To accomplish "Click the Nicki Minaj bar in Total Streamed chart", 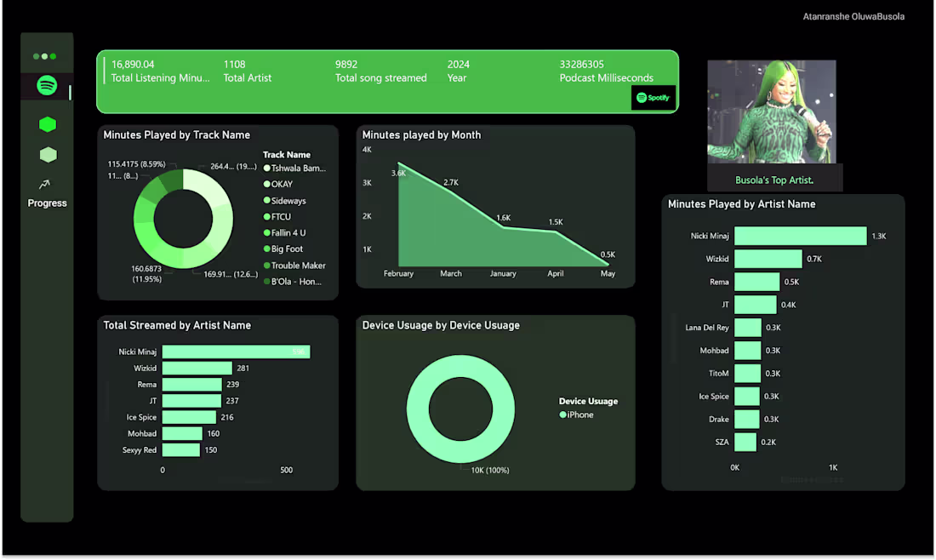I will [x=236, y=351].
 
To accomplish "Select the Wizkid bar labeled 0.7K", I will [x=768, y=259].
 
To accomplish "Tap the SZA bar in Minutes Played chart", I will [x=745, y=442].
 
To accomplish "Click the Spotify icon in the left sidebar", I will [x=48, y=86].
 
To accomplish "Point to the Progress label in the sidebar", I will [x=47, y=203].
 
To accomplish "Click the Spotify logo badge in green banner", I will [x=653, y=98].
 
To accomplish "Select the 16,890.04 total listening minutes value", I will [x=133, y=65].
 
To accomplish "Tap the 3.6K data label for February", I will [x=398, y=173].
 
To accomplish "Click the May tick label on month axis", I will [x=608, y=273].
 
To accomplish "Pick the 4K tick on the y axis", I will [x=367, y=150].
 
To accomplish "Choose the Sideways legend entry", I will [x=288, y=201].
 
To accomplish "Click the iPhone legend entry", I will [x=580, y=414].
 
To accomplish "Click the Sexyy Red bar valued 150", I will [x=180, y=449].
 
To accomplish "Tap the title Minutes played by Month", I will [x=421, y=135].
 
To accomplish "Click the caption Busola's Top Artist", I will [x=774, y=180].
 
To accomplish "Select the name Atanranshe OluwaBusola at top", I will [x=853, y=17].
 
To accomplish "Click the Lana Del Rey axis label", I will [x=707, y=328].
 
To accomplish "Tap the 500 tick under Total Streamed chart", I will [x=286, y=470].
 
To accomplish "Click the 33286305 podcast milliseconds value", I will [x=582, y=65].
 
